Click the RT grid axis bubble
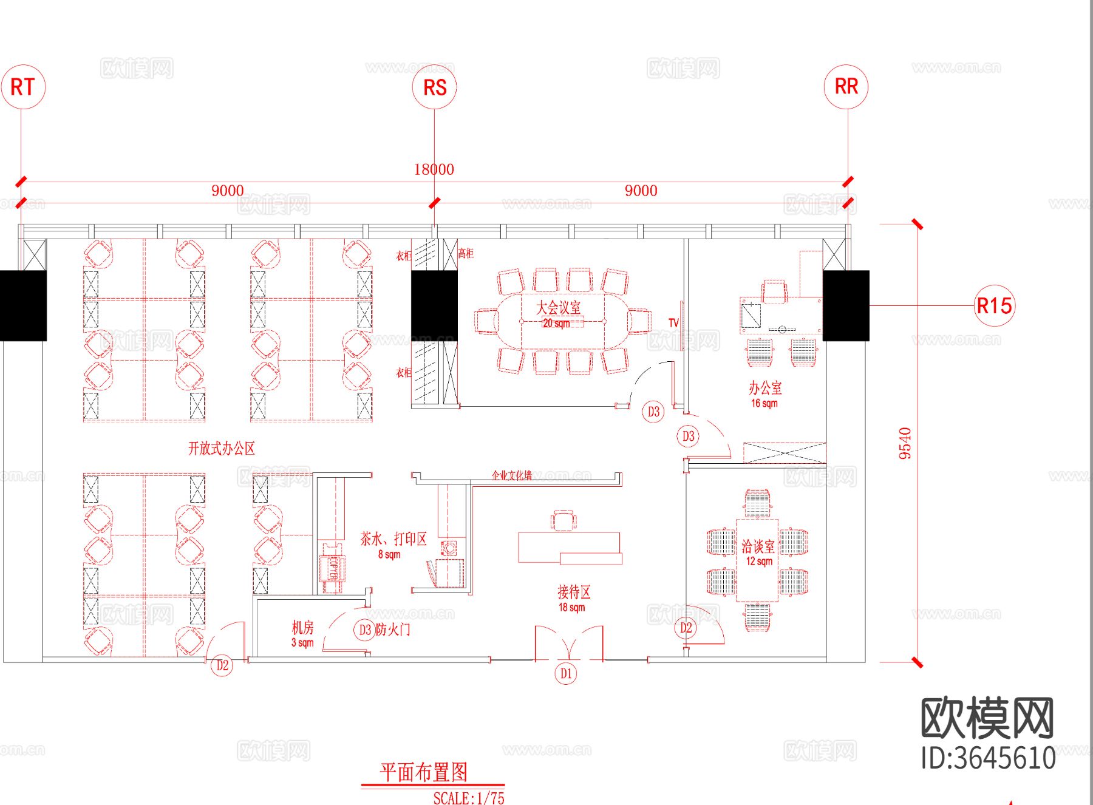[23, 87]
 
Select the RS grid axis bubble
[435, 87]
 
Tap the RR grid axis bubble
[846, 86]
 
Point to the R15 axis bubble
[994, 305]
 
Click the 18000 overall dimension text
[434, 169]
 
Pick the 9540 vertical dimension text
[905, 443]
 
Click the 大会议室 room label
[558, 307]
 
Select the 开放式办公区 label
[221, 449]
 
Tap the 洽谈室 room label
[758, 546]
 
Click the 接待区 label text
[573, 592]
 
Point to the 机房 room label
[302, 628]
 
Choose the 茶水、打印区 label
[393, 538]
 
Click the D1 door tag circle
[566, 673]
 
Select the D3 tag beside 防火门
[364, 630]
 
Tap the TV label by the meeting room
[673, 323]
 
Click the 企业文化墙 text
[511, 475]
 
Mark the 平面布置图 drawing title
[424, 772]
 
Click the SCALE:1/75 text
[469, 798]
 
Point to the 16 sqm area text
[764, 403]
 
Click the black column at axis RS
[434, 305]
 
